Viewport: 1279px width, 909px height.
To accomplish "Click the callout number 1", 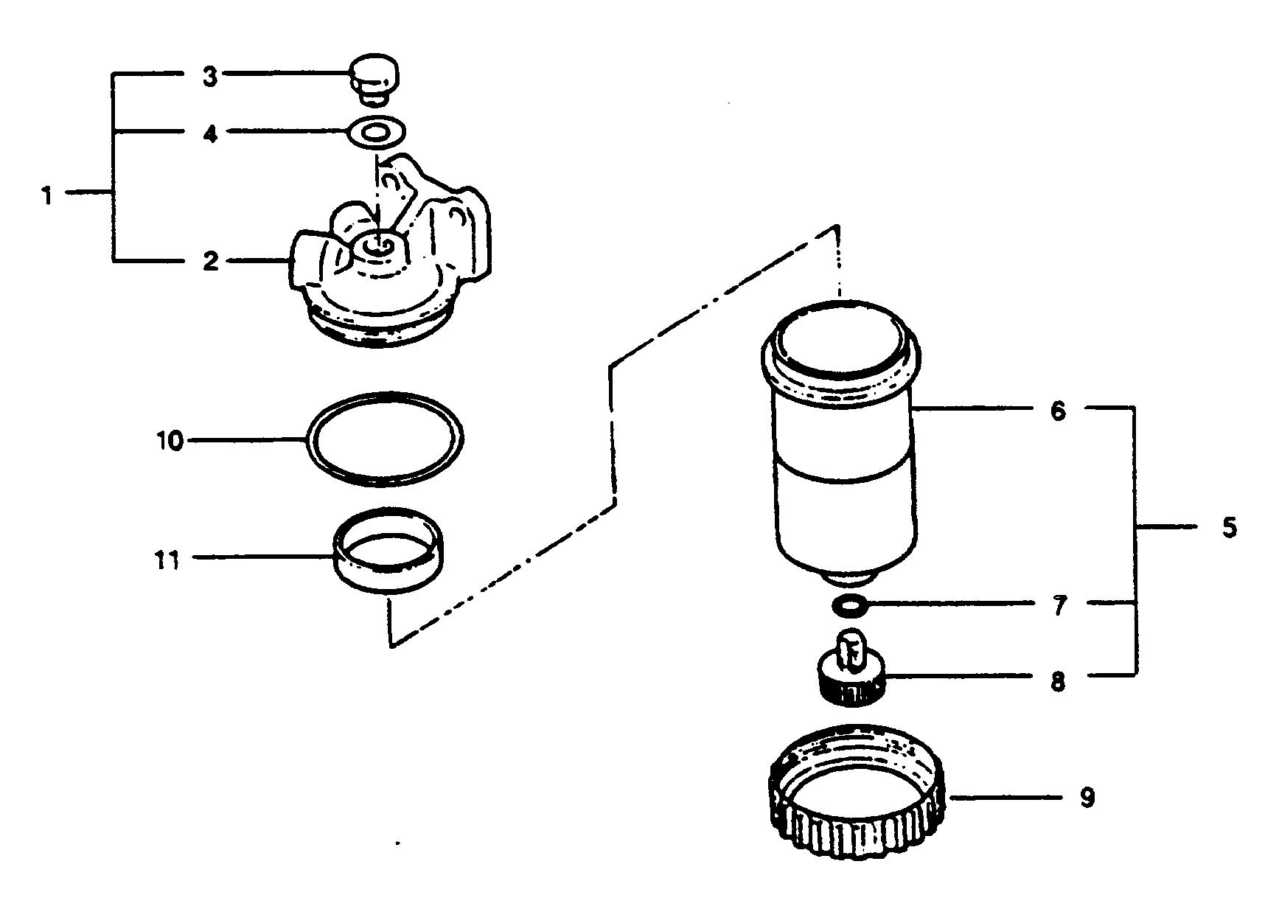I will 47,195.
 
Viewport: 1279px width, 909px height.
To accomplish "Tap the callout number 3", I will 211,76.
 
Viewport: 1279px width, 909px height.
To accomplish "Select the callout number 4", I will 211,135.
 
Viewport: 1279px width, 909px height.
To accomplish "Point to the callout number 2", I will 211,262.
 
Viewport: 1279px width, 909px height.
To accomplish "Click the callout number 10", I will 170,441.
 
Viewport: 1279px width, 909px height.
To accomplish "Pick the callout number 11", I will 168,560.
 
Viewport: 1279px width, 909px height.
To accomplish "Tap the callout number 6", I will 1058,410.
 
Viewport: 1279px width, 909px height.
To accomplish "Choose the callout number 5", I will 1228,528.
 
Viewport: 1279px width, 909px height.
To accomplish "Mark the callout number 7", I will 1059,606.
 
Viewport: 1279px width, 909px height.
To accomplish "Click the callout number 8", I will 1058,681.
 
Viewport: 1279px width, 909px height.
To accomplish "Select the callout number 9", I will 1087,798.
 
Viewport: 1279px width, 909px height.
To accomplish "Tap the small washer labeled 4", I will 376,133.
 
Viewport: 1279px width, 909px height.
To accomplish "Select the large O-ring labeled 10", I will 385,439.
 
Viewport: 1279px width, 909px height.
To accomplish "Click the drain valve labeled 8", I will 851,671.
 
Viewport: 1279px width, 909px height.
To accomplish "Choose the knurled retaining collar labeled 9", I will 857,796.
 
